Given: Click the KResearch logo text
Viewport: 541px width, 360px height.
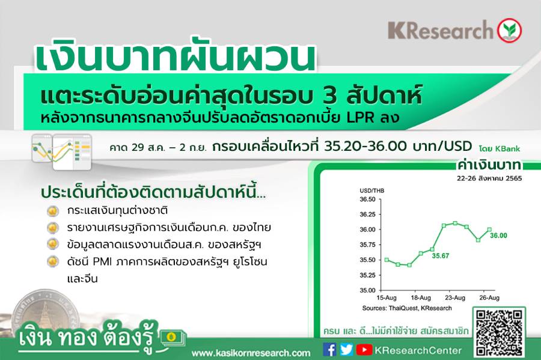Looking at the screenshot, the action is [441, 30].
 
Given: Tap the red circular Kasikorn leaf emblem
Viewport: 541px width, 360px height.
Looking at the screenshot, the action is [509, 30].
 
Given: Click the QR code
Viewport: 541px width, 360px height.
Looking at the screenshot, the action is [499, 332].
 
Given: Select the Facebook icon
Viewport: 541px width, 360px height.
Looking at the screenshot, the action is [329, 349].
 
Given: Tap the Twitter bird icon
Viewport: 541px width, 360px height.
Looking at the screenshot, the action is [346, 349].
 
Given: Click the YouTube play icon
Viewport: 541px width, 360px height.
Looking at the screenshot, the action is [364, 350].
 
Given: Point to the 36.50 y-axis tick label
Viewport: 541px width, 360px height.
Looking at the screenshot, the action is [367, 200].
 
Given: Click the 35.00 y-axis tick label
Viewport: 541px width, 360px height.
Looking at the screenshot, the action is [367, 290].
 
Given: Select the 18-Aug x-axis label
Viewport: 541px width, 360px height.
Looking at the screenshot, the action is [421, 297].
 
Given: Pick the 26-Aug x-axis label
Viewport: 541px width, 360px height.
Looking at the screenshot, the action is [489, 297].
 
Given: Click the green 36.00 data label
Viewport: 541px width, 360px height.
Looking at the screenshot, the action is [498, 236].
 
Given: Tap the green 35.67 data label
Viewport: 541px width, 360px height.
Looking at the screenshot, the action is [441, 256].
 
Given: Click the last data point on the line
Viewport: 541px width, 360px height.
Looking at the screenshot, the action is [489, 230].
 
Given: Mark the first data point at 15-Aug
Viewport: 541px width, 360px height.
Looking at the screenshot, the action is [387, 260].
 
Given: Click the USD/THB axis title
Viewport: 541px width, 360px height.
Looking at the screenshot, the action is [372, 191].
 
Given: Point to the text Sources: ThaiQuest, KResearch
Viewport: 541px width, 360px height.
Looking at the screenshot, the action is [407, 308].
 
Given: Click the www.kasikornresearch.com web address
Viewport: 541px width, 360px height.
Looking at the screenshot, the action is [251, 353].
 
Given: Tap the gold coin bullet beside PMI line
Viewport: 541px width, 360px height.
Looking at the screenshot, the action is [52, 261].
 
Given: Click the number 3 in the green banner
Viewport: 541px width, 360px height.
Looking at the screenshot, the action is [330, 96].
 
